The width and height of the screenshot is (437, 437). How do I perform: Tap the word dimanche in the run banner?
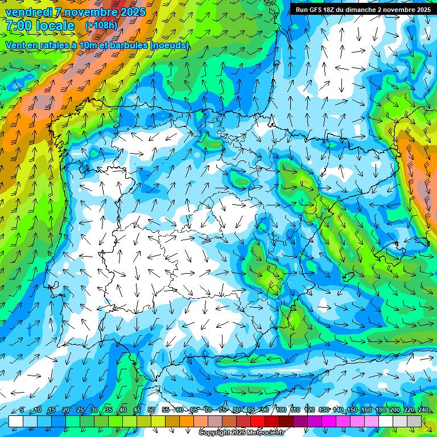tap(361, 10)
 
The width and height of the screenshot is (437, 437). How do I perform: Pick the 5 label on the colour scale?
tap(22, 410)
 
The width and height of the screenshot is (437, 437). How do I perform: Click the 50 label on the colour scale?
tap(151, 410)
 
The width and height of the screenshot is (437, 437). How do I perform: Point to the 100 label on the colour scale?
tap(281, 410)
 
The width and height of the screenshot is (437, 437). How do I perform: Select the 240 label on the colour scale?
tap(423, 410)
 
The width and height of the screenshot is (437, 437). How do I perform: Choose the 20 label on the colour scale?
tap(66, 410)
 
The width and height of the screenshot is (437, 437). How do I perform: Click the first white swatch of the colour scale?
tap(16, 421)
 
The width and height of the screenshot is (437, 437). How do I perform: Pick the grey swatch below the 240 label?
tap(414, 421)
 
